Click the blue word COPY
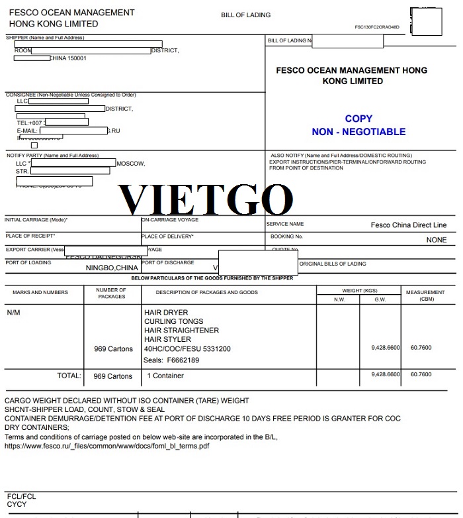click(x=358, y=119)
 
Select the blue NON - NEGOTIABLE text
click(x=358, y=132)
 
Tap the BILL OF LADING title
click(x=245, y=15)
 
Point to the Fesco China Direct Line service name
click(x=408, y=225)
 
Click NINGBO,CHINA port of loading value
click(x=112, y=268)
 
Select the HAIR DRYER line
click(x=166, y=313)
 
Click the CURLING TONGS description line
click(x=174, y=322)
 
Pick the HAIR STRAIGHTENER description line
click(x=181, y=331)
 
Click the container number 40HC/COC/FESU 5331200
click(x=187, y=349)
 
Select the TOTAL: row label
click(x=69, y=376)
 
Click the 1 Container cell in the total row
click(x=165, y=376)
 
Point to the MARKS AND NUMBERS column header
click(x=40, y=292)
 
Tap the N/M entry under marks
click(x=13, y=313)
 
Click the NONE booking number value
click(x=437, y=240)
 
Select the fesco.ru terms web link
click(x=107, y=446)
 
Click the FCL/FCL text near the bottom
click(x=21, y=496)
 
